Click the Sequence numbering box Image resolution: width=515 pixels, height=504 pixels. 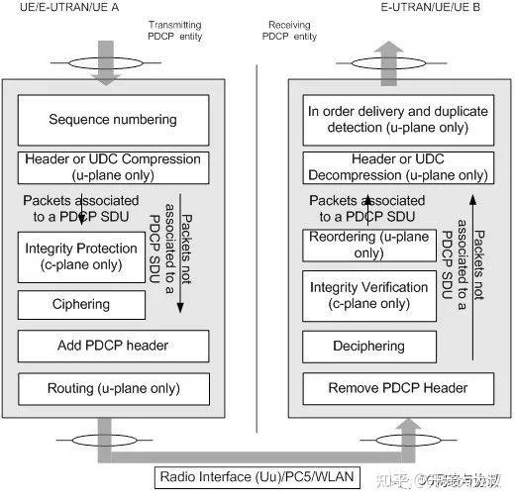pos(113,120)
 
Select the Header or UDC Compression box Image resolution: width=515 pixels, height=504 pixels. pos(113,166)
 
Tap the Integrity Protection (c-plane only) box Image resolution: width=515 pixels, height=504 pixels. pos(81,255)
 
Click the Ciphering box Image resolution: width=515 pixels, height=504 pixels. pos(81,305)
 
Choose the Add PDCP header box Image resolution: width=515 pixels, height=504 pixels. pos(113,346)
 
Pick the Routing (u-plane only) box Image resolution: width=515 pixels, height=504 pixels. pos(113,388)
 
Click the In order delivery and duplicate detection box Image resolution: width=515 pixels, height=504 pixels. pos(395,120)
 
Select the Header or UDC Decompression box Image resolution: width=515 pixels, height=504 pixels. pos(395,166)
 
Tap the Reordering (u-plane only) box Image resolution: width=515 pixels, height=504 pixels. pos(367,245)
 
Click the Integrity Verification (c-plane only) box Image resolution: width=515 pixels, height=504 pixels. pos(367,295)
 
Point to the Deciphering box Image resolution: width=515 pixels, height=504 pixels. pos(367,347)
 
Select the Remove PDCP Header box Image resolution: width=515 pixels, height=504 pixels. pos(395,388)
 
